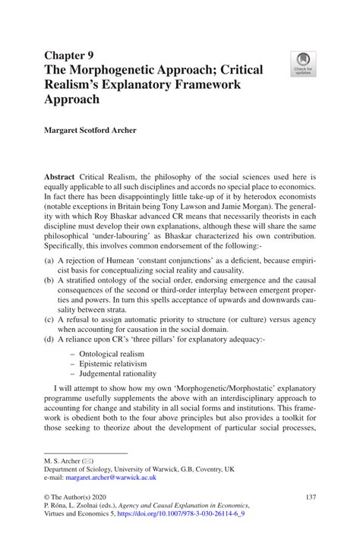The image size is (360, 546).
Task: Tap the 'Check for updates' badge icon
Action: (x=303, y=63)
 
